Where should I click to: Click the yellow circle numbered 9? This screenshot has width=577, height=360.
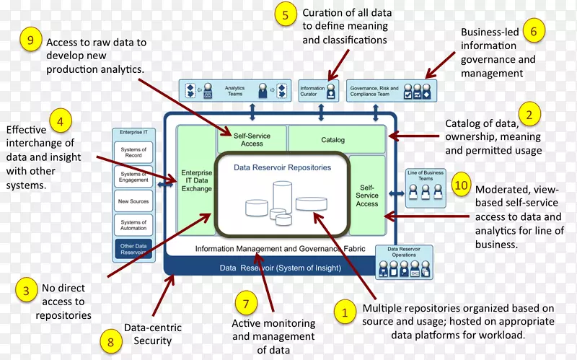click(30, 40)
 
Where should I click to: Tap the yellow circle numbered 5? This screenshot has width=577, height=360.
click(286, 15)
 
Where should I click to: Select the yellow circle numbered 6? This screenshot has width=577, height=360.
click(533, 31)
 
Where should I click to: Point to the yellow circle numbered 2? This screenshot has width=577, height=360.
click(529, 115)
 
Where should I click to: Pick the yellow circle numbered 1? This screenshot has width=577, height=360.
click(345, 312)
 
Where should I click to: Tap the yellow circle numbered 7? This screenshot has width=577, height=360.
click(245, 303)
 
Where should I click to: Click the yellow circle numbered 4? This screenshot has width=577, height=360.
click(61, 120)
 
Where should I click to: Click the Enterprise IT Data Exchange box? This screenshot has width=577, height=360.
click(196, 180)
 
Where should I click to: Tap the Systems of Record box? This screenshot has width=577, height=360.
click(133, 152)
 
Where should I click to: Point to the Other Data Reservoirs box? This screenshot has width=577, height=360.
click(133, 249)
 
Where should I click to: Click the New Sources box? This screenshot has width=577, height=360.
click(133, 201)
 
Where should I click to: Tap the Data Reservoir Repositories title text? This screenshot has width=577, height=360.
click(283, 167)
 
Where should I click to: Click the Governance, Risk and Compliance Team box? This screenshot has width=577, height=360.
click(380, 90)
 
